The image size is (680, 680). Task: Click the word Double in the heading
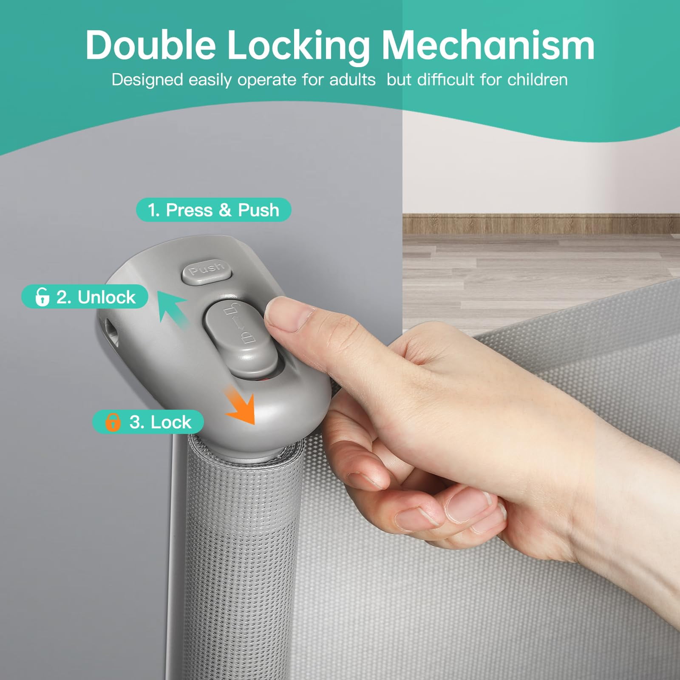point(151,45)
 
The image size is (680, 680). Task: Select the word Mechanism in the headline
point(488,45)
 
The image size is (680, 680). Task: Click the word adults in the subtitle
point(352,80)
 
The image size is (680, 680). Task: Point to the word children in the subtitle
point(537,80)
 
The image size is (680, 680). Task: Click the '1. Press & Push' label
point(213,210)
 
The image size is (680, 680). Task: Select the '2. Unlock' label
point(85,297)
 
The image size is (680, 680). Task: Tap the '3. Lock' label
point(148,422)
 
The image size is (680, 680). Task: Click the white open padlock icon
point(42,297)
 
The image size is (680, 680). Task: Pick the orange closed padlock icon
point(113,422)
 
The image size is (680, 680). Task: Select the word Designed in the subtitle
point(147,80)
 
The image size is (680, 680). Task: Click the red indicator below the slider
point(264,378)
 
